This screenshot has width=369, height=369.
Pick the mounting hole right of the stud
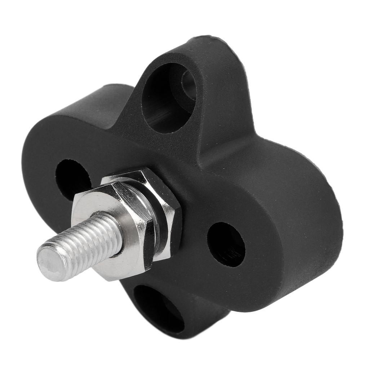click(226, 244)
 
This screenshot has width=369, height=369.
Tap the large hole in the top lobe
click(168, 97)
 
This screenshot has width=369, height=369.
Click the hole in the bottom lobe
click(159, 308)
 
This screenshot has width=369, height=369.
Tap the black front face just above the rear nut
click(162, 159)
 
